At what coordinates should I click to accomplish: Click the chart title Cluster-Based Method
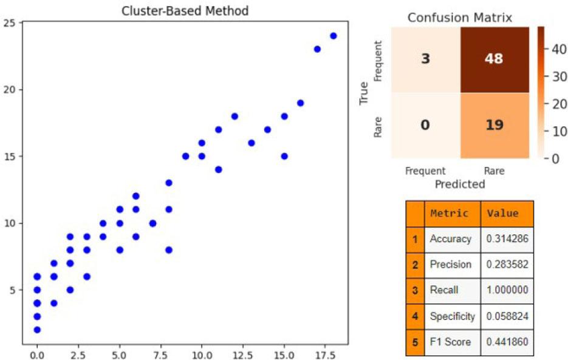click(x=185, y=11)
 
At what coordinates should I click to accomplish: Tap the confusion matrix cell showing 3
click(x=425, y=59)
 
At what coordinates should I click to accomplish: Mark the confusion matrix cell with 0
click(x=425, y=125)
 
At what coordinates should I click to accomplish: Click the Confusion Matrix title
click(x=459, y=17)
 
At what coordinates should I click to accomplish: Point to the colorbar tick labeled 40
click(x=557, y=51)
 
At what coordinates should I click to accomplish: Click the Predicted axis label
click(x=460, y=183)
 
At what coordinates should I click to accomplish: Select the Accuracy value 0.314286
click(x=507, y=239)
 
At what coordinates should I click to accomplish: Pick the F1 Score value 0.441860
click(x=507, y=342)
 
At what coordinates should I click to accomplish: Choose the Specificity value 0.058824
click(x=507, y=316)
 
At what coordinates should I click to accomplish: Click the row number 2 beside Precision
click(x=414, y=265)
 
